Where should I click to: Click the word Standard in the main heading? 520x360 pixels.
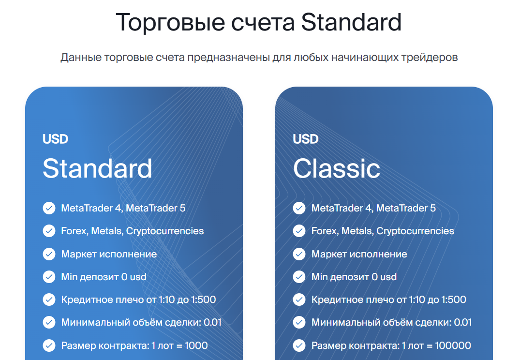[x=351, y=22]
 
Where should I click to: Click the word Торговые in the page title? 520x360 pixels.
[x=170, y=23]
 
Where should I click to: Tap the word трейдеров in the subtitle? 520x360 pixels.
[x=430, y=58]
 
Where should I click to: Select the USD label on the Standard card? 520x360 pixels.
[x=55, y=139]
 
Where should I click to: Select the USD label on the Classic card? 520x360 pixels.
[x=305, y=139]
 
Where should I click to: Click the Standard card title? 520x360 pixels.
[x=98, y=168]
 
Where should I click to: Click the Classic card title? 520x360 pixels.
[x=337, y=168]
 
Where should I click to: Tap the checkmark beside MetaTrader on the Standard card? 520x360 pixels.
[x=49, y=209]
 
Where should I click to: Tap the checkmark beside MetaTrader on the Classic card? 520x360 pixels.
[x=299, y=209]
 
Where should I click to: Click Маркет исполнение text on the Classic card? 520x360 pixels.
[x=359, y=254]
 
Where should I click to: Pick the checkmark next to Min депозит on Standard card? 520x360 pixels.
[x=49, y=277]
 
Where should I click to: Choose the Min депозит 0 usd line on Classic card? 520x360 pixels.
[x=354, y=277]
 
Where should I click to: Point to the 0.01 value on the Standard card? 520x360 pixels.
[x=212, y=323]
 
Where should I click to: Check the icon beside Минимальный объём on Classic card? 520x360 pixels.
[x=299, y=323]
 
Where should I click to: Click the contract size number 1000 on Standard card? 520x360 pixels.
[x=196, y=346]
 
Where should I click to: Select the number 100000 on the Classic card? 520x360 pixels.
[x=453, y=346]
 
